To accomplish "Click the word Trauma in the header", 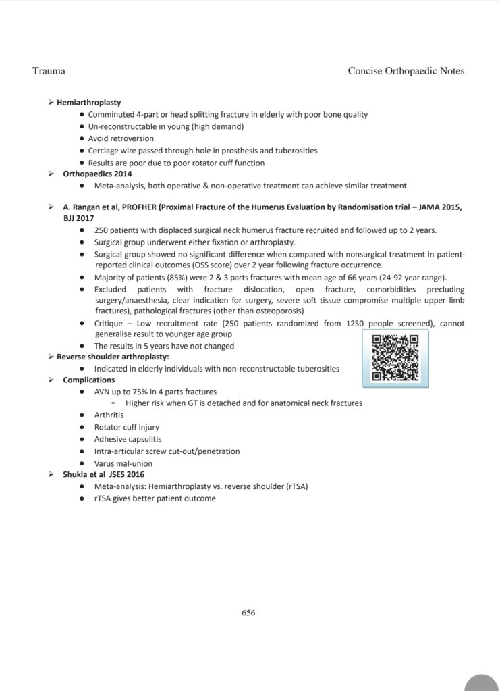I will click(x=49, y=71).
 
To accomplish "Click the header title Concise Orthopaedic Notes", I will click(x=406, y=71).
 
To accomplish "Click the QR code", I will click(x=395, y=358).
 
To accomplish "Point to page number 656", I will click(x=248, y=613).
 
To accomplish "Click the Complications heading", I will click(x=88, y=380).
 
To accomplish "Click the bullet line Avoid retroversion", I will click(x=121, y=138).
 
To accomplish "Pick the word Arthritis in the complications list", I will click(x=109, y=415).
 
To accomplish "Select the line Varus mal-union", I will click(x=123, y=463).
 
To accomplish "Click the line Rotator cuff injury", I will click(x=126, y=427).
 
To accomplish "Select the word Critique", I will click(x=111, y=324).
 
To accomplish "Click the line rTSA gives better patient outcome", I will click(x=155, y=498).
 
